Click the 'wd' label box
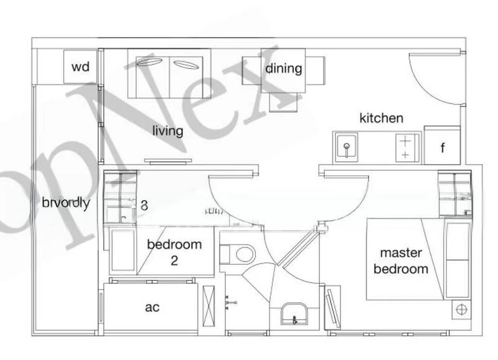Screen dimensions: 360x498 click(x=80, y=67)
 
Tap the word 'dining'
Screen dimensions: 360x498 click(x=284, y=69)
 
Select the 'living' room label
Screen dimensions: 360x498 click(x=169, y=131)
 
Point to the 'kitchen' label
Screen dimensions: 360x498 click(x=382, y=118)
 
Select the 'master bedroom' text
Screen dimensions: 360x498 click(x=404, y=261)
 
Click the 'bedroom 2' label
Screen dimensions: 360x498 click(x=174, y=251)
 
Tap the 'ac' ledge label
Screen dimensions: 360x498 click(x=153, y=308)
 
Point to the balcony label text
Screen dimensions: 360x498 click(x=66, y=202)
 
